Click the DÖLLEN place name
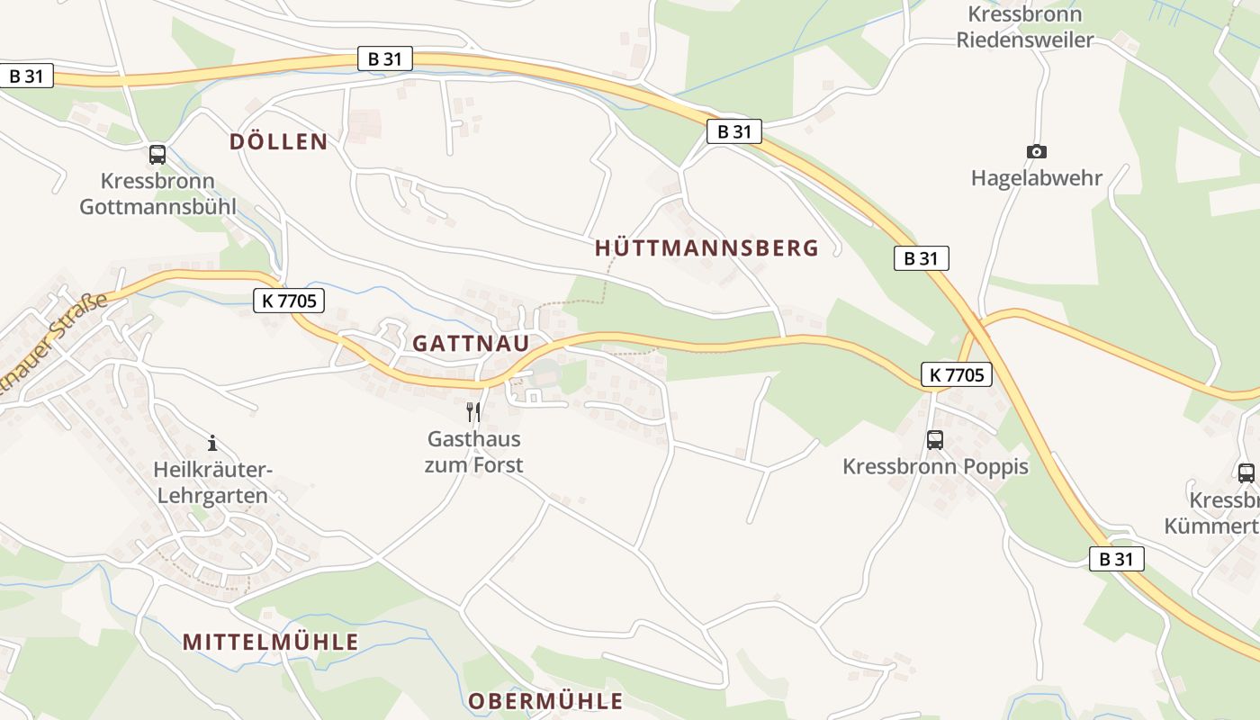278,141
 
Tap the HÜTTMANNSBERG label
706,248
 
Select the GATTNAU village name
471,344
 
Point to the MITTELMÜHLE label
271,642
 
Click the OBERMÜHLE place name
545,701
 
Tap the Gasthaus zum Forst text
474,453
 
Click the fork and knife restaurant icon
472,412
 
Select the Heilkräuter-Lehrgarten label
212,482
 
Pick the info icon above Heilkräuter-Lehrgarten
212,443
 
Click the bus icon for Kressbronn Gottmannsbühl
157,154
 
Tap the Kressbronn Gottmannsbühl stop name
157,194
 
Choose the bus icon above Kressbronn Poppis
935,440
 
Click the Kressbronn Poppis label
935,467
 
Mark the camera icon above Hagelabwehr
1037,151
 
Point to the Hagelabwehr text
1037,177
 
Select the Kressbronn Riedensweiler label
1025,27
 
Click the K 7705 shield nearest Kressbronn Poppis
956,374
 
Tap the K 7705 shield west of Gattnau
289,301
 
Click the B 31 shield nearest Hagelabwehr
921,258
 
